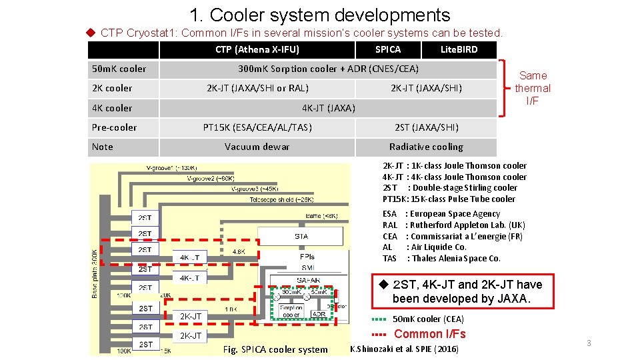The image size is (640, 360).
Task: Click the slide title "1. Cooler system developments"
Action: click(319, 15)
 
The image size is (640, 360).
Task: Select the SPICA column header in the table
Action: click(388, 49)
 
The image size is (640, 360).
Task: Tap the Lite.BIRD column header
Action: click(459, 49)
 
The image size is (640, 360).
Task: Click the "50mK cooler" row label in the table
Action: click(119, 69)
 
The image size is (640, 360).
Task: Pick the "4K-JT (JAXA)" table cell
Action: click(328, 108)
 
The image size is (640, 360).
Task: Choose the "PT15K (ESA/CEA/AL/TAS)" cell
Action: click(257, 127)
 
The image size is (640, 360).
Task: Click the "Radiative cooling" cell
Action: click(426, 147)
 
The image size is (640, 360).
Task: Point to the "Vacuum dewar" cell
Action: click(257, 147)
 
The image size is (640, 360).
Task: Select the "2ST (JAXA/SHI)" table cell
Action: click(426, 127)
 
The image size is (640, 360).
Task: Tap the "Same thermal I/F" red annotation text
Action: click(533, 88)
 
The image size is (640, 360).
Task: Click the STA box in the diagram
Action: click(301, 236)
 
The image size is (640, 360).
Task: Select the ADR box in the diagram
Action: click(319, 313)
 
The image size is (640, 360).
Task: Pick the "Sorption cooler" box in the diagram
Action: click(291, 311)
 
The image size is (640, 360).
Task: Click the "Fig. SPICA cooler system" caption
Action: click(275, 349)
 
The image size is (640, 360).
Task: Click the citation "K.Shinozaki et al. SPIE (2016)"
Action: click(404, 349)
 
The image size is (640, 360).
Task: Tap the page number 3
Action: click(589, 343)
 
